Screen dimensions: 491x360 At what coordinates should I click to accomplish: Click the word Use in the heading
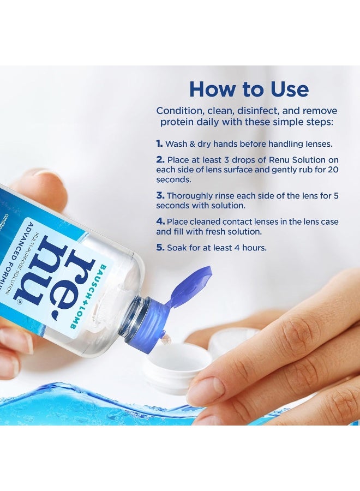(x=284, y=89)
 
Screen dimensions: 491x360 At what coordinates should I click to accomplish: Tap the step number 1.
(x=159, y=144)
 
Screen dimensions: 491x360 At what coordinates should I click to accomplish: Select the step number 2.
(x=160, y=160)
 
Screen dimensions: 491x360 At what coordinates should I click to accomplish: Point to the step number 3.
(x=160, y=195)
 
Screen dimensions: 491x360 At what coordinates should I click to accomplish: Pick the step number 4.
(x=160, y=221)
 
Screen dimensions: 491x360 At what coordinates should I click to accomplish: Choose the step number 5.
(x=160, y=248)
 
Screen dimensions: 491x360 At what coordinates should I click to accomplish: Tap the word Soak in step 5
(x=178, y=248)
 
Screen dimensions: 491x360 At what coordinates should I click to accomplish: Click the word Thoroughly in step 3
(x=190, y=195)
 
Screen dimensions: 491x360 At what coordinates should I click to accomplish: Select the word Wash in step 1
(x=176, y=144)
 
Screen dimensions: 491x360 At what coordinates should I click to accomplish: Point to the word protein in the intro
(x=176, y=122)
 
